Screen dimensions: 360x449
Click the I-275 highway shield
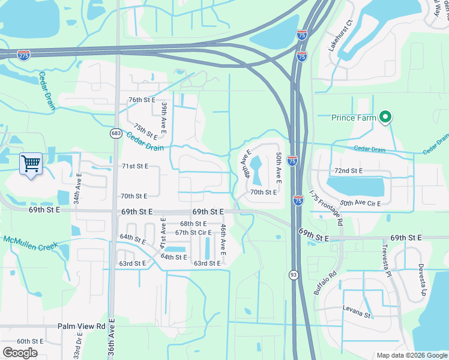click(24, 55)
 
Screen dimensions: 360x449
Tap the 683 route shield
click(114, 133)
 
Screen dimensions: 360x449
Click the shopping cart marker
click(31, 163)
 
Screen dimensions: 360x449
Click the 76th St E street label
click(142, 100)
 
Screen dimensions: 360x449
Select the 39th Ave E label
click(163, 118)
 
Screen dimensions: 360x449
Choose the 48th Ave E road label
click(246, 163)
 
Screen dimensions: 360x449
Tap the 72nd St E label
click(349, 171)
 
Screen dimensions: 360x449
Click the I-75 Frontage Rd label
click(327, 208)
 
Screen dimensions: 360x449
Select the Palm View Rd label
click(82, 326)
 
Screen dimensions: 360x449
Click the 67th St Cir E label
click(193, 232)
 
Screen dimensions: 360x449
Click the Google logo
click(20, 352)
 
